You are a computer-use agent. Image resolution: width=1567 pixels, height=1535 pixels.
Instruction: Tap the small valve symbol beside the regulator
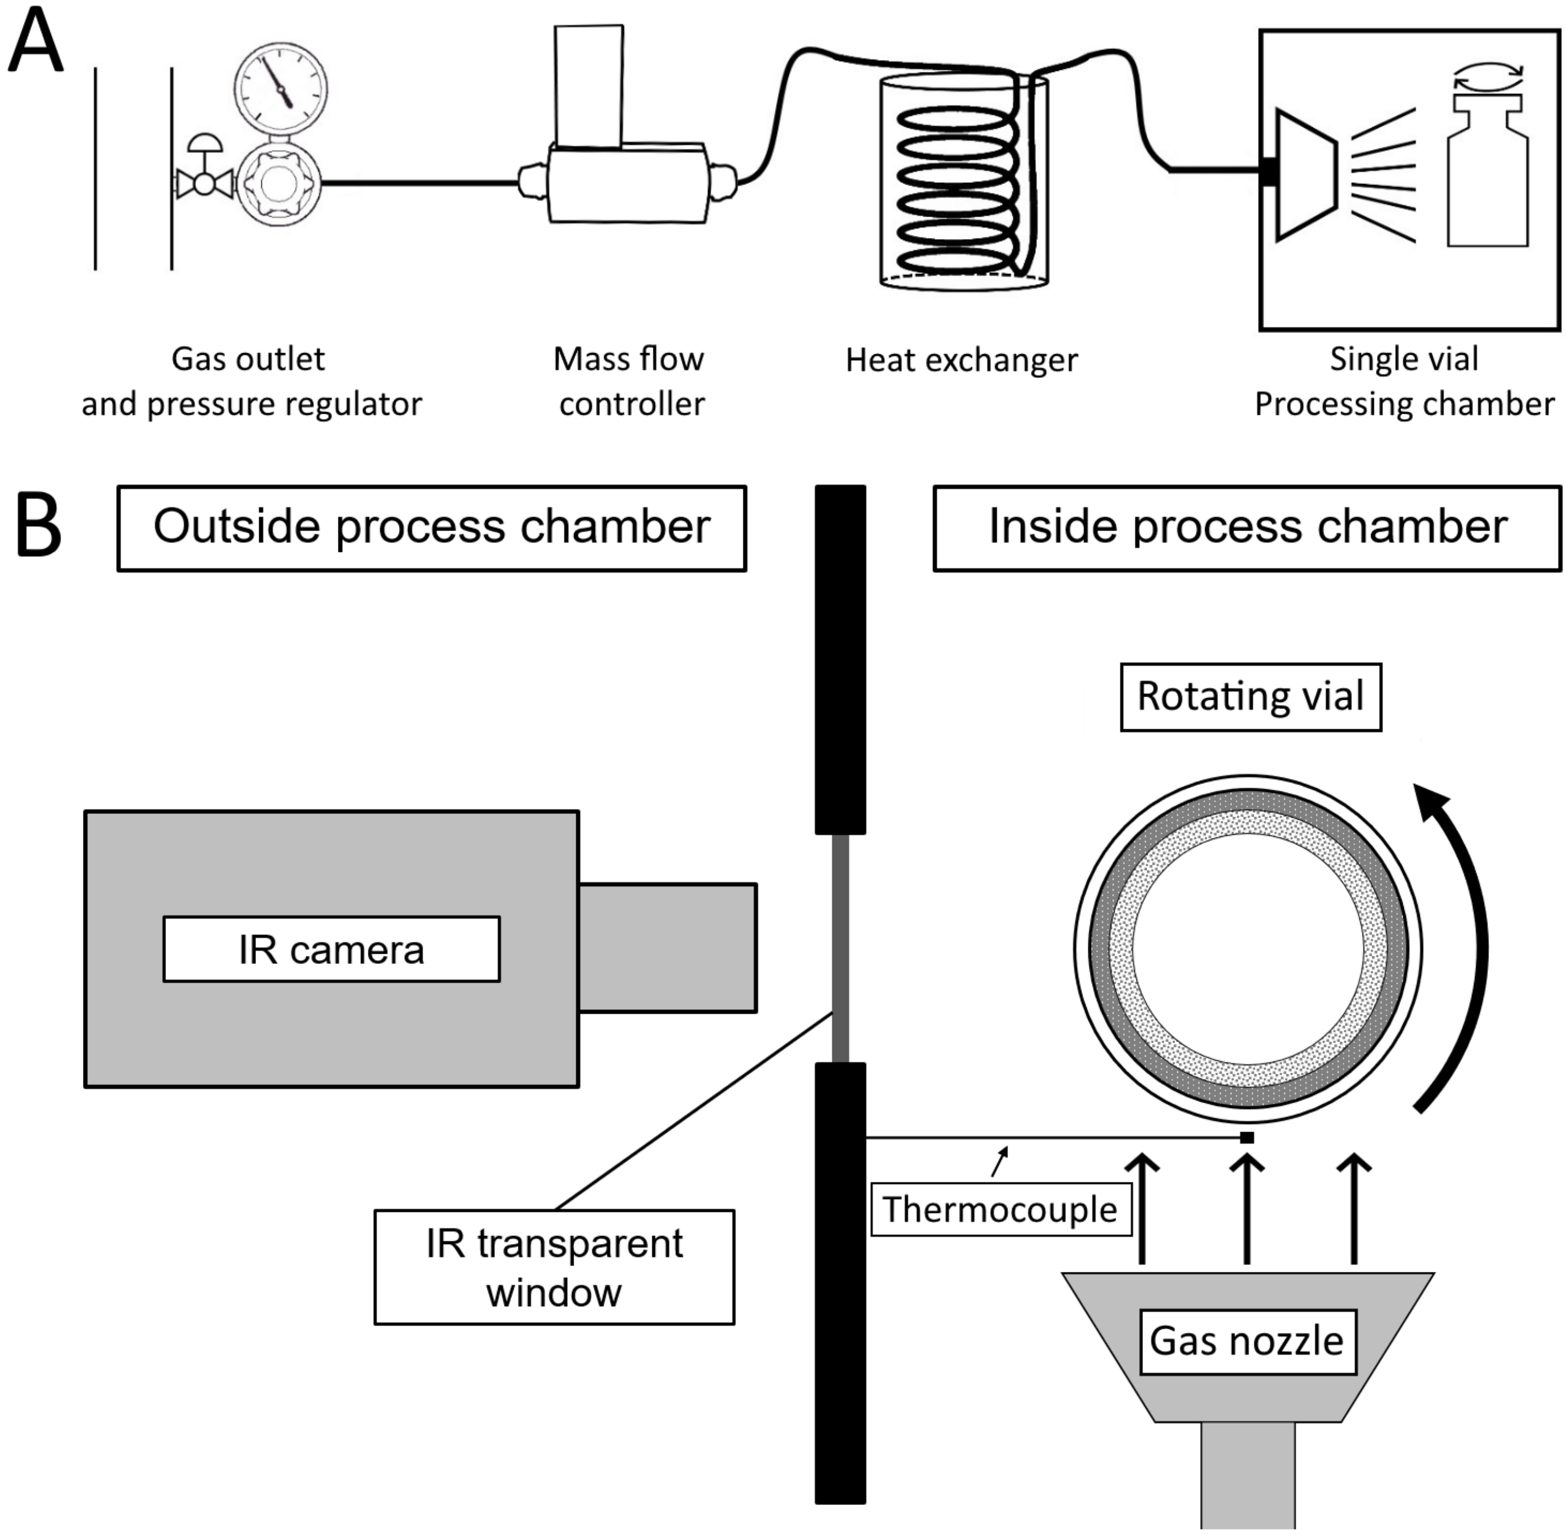click(205, 182)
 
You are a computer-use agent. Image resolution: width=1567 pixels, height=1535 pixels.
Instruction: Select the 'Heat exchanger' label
click(961, 360)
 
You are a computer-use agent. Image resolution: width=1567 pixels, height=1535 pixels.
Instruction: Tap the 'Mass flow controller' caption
click(629, 382)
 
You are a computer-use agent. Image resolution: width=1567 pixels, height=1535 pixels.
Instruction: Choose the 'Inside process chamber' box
click(1247, 528)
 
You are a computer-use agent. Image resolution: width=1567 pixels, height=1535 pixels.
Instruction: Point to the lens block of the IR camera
click(668, 947)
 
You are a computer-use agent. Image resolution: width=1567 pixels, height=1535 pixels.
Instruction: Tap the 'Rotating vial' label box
click(1250, 697)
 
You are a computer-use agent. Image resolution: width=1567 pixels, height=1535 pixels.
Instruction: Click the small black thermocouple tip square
click(1246, 1138)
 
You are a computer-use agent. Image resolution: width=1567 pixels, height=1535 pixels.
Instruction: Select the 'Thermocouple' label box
click(1000, 1209)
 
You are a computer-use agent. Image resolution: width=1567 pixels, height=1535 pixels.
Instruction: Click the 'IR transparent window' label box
click(554, 1268)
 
